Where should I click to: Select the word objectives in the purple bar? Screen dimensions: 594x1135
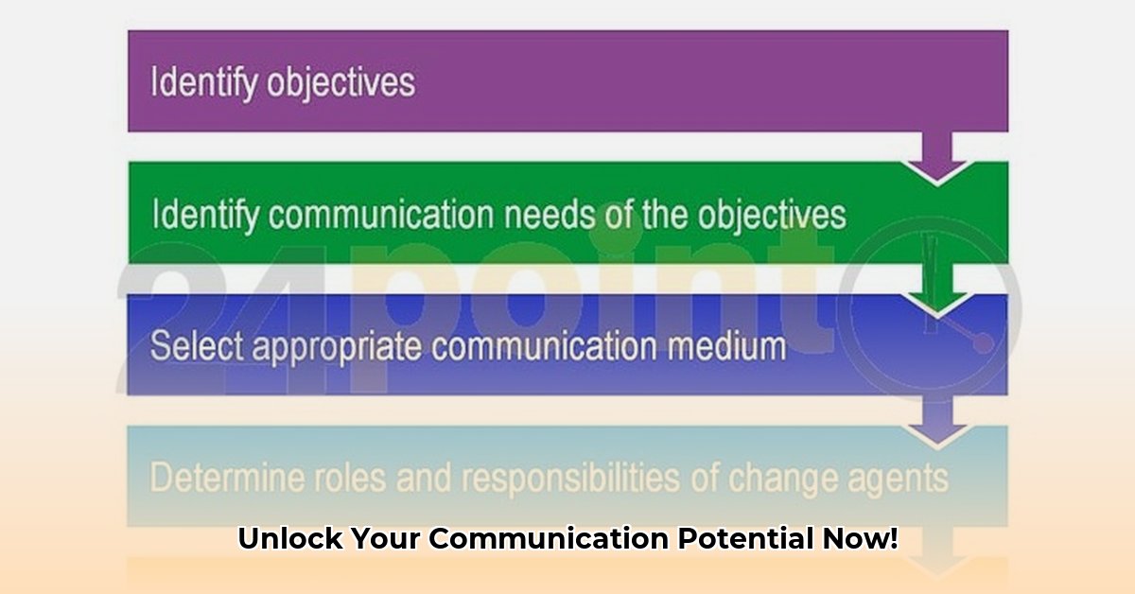340,84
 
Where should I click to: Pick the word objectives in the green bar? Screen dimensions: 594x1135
772,217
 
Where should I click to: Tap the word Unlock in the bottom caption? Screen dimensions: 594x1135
289,540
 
